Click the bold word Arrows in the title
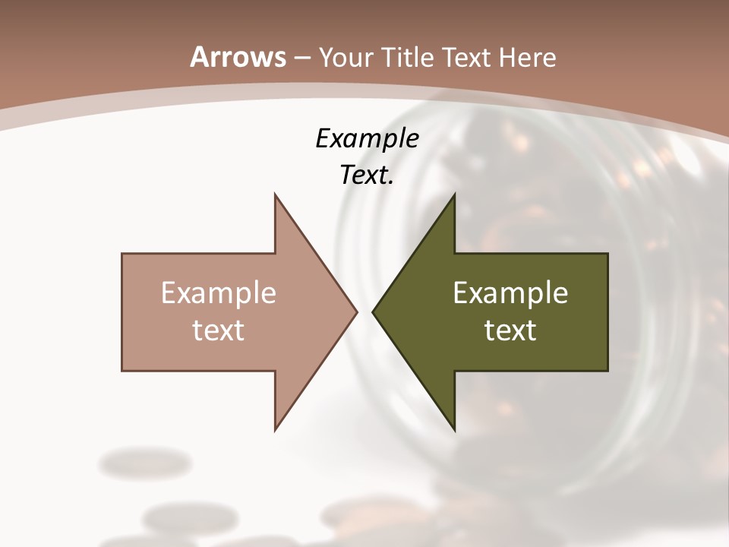238,57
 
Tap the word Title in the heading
410,57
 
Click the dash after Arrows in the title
301,58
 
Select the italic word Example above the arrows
367,138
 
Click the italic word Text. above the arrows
367,175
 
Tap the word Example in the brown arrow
218,293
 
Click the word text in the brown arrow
218,330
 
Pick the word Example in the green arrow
510,293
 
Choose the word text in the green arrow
510,330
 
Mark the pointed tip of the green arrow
374,311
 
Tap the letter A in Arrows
199,57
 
